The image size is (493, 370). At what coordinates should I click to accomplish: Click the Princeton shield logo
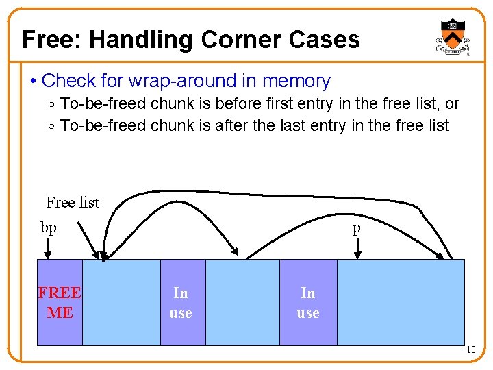coord(453,36)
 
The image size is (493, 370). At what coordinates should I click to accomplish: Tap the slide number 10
coord(470,351)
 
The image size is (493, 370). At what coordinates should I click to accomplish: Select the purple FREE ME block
coord(60,302)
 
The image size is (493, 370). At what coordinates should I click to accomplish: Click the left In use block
coord(182,302)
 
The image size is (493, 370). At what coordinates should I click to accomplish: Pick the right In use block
coord(308,302)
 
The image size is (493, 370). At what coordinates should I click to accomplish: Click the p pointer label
coord(356,229)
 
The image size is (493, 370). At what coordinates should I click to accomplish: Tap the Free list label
coord(73,202)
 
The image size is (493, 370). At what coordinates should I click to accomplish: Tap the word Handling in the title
coord(142,40)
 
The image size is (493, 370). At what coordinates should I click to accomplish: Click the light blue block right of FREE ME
coord(121,302)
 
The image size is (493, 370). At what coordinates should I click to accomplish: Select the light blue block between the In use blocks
coord(242,302)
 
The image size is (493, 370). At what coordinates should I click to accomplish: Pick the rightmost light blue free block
coord(401,302)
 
